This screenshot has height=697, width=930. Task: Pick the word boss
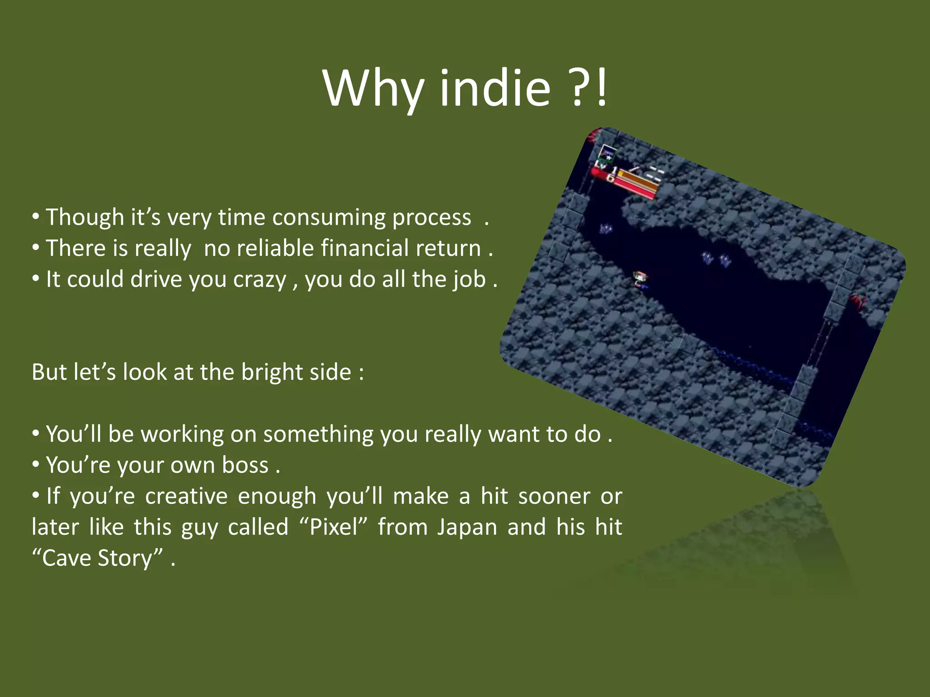click(245, 465)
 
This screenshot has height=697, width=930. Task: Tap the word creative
click(186, 496)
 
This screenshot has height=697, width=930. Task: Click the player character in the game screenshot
click(641, 279)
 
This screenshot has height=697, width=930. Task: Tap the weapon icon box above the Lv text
click(607, 156)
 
